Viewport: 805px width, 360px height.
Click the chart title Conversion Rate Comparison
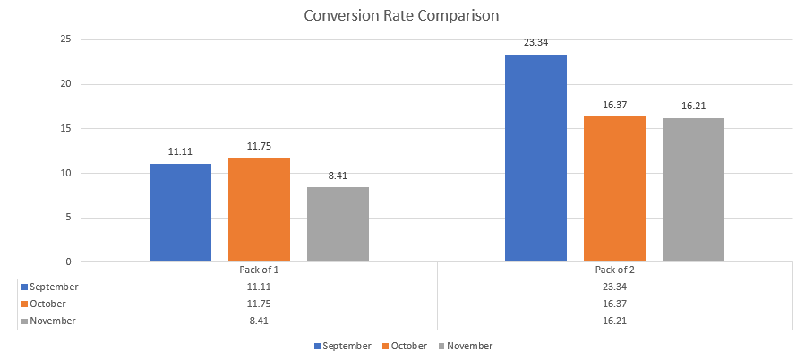click(x=401, y=15)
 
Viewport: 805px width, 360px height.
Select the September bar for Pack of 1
click(x=180, y=213)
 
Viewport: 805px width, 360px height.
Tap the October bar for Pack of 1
click(x=259, y=210)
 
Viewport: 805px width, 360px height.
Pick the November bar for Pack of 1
click(x=338, y=224)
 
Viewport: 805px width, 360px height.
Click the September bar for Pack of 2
click(x=535, y=159)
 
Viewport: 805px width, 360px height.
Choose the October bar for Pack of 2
click(x=614, y=189)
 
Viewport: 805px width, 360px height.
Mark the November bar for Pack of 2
click(x=693, y=190)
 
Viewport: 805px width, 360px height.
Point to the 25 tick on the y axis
click(x=65, y=39)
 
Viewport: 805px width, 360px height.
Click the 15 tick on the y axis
click(x=65, y=128)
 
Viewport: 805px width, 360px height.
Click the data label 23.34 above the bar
click(x=535, y=41)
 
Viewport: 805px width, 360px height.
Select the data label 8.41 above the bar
click(x=338, y=176)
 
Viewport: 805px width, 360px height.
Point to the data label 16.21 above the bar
click(x=693, y=106)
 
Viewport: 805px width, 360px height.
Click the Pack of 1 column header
click(x=259, y=270)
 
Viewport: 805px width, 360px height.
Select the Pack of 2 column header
click(x=614, y=270)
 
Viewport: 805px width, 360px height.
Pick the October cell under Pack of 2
click(x=614, y=304)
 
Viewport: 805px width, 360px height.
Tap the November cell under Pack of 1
click(x=259, y=321)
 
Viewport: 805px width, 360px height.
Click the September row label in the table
click(x=54, y=287)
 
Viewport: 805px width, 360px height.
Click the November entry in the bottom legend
click(x=469, y=346)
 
